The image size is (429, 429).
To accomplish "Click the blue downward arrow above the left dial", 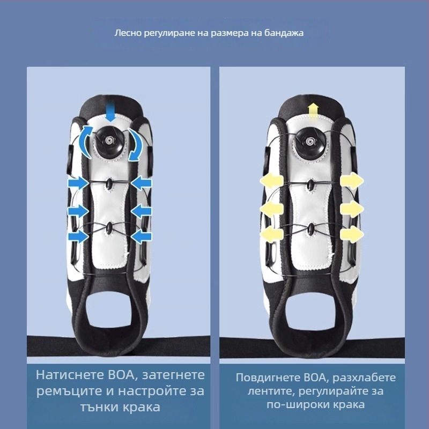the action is (110, 111).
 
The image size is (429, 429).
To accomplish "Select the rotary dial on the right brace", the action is (310, 142).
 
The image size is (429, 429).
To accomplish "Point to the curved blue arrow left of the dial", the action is (84, 142).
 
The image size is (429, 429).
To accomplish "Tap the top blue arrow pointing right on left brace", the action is (78, 183).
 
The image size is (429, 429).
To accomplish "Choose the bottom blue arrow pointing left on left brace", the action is (142, 236).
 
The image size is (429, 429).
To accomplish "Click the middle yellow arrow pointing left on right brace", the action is (271, 209).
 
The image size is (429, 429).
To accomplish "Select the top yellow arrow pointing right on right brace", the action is (352, 181).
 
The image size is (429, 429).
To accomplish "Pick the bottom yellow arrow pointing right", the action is (352, 234).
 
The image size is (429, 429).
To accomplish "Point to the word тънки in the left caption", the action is (99, 407).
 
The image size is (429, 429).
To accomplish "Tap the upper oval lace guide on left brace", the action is (110, 183).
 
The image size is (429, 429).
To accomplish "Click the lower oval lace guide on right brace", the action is (310, 229).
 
